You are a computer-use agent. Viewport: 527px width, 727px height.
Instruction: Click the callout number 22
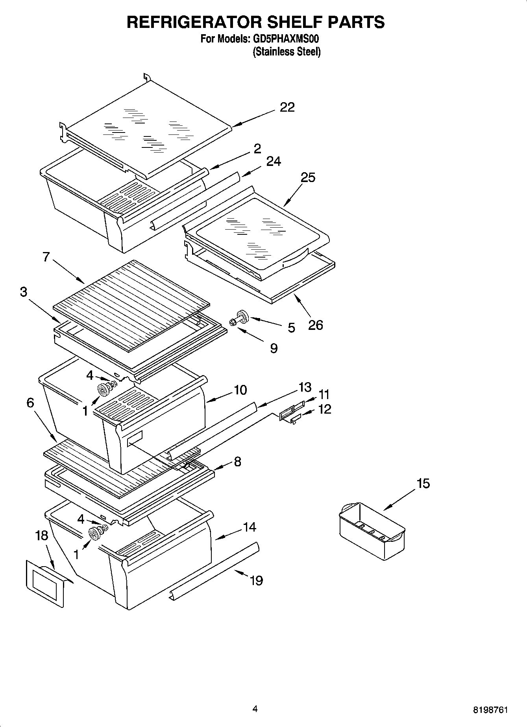[287, 107]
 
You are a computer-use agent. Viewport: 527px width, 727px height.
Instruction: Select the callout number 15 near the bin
[423, 483]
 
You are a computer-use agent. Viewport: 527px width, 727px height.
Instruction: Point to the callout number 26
[315, 325]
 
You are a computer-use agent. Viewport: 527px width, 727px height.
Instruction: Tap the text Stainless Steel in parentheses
[287, 52]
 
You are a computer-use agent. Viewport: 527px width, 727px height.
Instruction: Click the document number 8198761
[490, 710]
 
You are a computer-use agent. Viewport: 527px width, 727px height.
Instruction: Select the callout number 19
[256, 580]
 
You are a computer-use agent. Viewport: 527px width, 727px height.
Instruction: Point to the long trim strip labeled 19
[214, 571]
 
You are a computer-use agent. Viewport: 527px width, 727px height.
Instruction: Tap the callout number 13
[305, 387]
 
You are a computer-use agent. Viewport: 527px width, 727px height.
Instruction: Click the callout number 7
[46, 257]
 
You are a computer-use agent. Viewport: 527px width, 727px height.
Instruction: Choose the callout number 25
[308, 177]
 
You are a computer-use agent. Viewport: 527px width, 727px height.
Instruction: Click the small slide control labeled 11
[292, 411]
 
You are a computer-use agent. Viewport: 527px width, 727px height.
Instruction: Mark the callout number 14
[250, 527]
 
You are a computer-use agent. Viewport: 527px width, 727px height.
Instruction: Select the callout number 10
[240, 390]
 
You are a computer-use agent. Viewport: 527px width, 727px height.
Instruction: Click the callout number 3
[24, 292]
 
